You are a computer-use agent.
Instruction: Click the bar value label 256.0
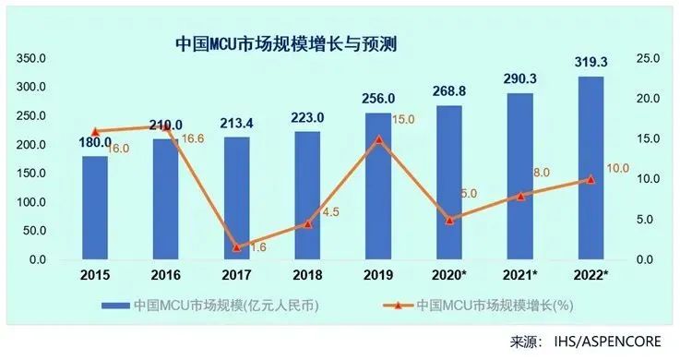coord(378,99)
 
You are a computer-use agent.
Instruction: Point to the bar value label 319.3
coord(591,64)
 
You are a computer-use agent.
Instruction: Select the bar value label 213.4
coord(237,124)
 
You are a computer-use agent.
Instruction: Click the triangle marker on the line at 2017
coord(237,246)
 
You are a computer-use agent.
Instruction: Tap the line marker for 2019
coord(378,139)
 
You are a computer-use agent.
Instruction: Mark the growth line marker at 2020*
coord(449,220)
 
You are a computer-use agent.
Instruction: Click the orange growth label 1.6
coord(259,246)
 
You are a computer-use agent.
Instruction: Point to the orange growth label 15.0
coord(402,120)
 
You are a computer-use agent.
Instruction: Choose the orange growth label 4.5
coord(329,211)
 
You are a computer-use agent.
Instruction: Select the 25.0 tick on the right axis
coord(648,58)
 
